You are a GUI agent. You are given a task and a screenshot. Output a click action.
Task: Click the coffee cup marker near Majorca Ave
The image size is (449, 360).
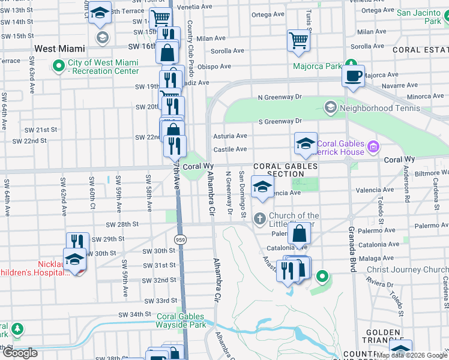coord(353,76)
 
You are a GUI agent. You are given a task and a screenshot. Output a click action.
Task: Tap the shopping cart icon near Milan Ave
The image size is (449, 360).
coord(298,41)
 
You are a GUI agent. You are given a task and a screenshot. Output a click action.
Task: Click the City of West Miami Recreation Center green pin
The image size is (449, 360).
coord(59,65)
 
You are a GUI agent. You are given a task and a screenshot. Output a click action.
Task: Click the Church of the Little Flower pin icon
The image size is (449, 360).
coord(260,218)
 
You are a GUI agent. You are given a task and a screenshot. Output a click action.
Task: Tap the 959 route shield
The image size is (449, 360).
coord(179,239)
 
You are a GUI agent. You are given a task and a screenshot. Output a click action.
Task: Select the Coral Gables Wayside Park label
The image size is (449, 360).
coord(181,321)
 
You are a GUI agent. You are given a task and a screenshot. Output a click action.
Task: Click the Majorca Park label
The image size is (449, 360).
coord(317,66)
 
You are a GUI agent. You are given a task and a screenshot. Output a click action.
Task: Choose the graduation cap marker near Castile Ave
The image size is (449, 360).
coord(306,143)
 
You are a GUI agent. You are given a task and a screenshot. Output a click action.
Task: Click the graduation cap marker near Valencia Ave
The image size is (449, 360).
coord(262,186)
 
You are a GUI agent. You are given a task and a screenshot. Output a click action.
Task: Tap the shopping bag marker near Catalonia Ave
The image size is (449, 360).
coord(299,233)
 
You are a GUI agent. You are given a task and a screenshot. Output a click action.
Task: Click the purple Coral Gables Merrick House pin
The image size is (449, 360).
coord(373,146)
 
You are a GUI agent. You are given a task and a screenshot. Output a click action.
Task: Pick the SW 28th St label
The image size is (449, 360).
coord(122,224)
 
